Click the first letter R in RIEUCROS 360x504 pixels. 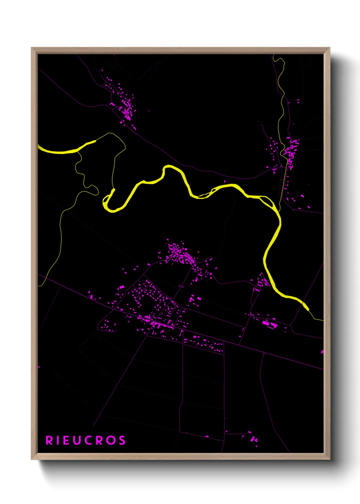click(49, 440)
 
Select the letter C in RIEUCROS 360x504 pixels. click(89, 440)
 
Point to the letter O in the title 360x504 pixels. click(111, 440)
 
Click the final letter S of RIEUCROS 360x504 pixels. click(122, 440)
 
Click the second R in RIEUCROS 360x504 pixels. click(99, 440)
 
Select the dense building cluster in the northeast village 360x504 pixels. click(291, 150)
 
